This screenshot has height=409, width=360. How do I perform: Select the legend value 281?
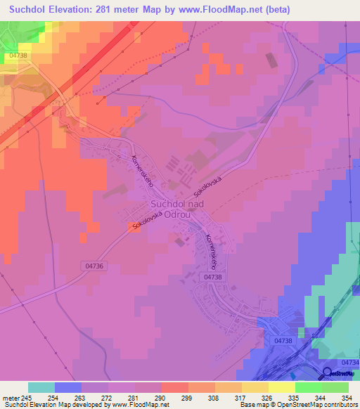pos(134,397)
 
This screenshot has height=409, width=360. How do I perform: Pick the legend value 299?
pos(188,397)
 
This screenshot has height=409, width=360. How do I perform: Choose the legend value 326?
pos(268,397)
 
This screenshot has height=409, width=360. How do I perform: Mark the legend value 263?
pos(81,397)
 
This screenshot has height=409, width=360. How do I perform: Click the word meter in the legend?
pos(10,397)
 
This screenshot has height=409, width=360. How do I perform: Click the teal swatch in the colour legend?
pos(41,387)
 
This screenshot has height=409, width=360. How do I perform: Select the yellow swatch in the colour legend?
pos(281,387)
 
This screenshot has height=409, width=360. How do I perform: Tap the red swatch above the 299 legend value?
pos(174,387)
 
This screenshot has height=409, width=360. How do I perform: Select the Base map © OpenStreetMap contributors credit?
pos(298,404)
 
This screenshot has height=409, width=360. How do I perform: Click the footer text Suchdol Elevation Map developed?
pos(53,404)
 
